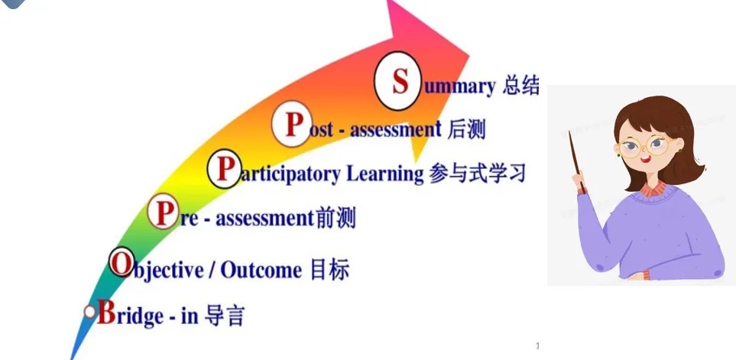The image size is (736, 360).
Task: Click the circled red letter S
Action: tap(400, 81)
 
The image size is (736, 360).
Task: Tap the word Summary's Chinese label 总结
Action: tap(520, 86)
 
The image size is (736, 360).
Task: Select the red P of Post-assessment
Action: tap(293, 125)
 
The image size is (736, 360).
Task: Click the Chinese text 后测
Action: tap(466, 129)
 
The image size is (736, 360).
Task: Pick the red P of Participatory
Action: tap(225, 169)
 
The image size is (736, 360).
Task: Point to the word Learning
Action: tap(385, 174)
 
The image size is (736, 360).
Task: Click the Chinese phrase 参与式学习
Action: tap(477, 174)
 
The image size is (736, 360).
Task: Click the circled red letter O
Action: tap(122, 263)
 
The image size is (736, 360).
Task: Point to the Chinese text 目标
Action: tap(330, 270)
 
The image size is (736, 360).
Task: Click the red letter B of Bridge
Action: tap(106, 312)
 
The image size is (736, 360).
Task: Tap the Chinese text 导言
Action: tap(225, 316)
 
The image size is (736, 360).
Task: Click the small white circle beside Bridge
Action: tap(89, 312)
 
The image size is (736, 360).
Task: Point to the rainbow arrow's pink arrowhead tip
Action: tap(469, 55)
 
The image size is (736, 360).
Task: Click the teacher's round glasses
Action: tap(647, 145)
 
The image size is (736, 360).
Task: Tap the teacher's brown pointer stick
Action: tap(577, 162)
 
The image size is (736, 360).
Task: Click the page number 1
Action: tap(537, 346)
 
